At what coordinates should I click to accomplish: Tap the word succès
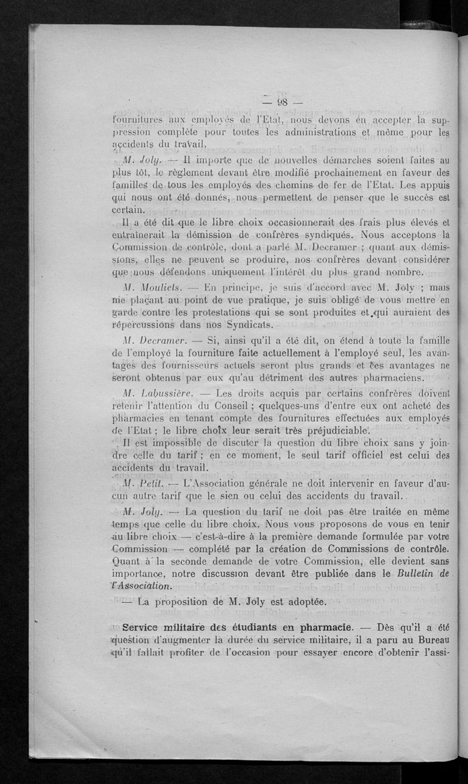point(414,199)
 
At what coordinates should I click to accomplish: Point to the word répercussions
point(149,324)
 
